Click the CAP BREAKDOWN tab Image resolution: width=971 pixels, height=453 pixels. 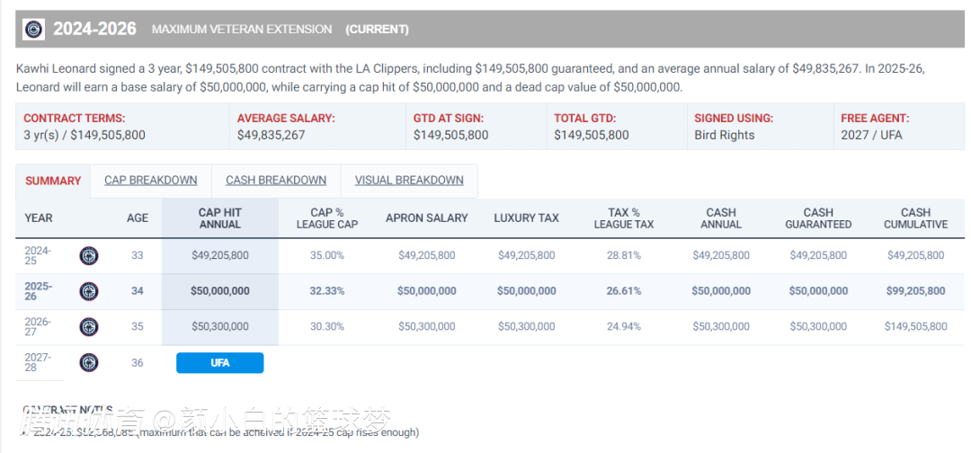(x=150, y=180)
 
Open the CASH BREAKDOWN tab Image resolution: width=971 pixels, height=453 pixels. (x=275, y=180)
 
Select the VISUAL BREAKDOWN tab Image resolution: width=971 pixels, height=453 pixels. (x=409, y=180)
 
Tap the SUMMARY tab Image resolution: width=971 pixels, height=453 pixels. (x=53, y=181)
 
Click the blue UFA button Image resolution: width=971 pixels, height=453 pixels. (x=220, y=363)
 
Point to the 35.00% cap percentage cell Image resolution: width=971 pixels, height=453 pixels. (x=327, y=255)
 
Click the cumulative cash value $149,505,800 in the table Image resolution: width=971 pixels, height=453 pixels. (x=915, y=326)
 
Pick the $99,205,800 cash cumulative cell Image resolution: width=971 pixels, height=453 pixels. (x=915, y=291)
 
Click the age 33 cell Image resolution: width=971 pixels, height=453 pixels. (x=138, y=255)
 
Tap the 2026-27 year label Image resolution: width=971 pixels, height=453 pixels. (x=38, y=326)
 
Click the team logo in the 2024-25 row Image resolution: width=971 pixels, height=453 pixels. (x=89, y=255)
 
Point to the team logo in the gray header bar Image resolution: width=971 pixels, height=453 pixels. (x=33, y=29)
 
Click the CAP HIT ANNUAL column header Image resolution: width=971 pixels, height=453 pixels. (x=220, y=218)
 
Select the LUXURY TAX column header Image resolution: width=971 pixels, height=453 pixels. (x=526, y=218)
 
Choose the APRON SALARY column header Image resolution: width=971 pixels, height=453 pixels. (x=427, y=218)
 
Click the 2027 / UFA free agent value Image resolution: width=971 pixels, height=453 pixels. (x=871, y=135)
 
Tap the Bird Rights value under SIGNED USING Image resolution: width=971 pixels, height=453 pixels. (x=725, y=135)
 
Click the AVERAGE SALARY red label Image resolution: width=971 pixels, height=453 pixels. (x=286, y=118)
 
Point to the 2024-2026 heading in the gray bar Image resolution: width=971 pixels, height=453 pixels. (x=94, y=29)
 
